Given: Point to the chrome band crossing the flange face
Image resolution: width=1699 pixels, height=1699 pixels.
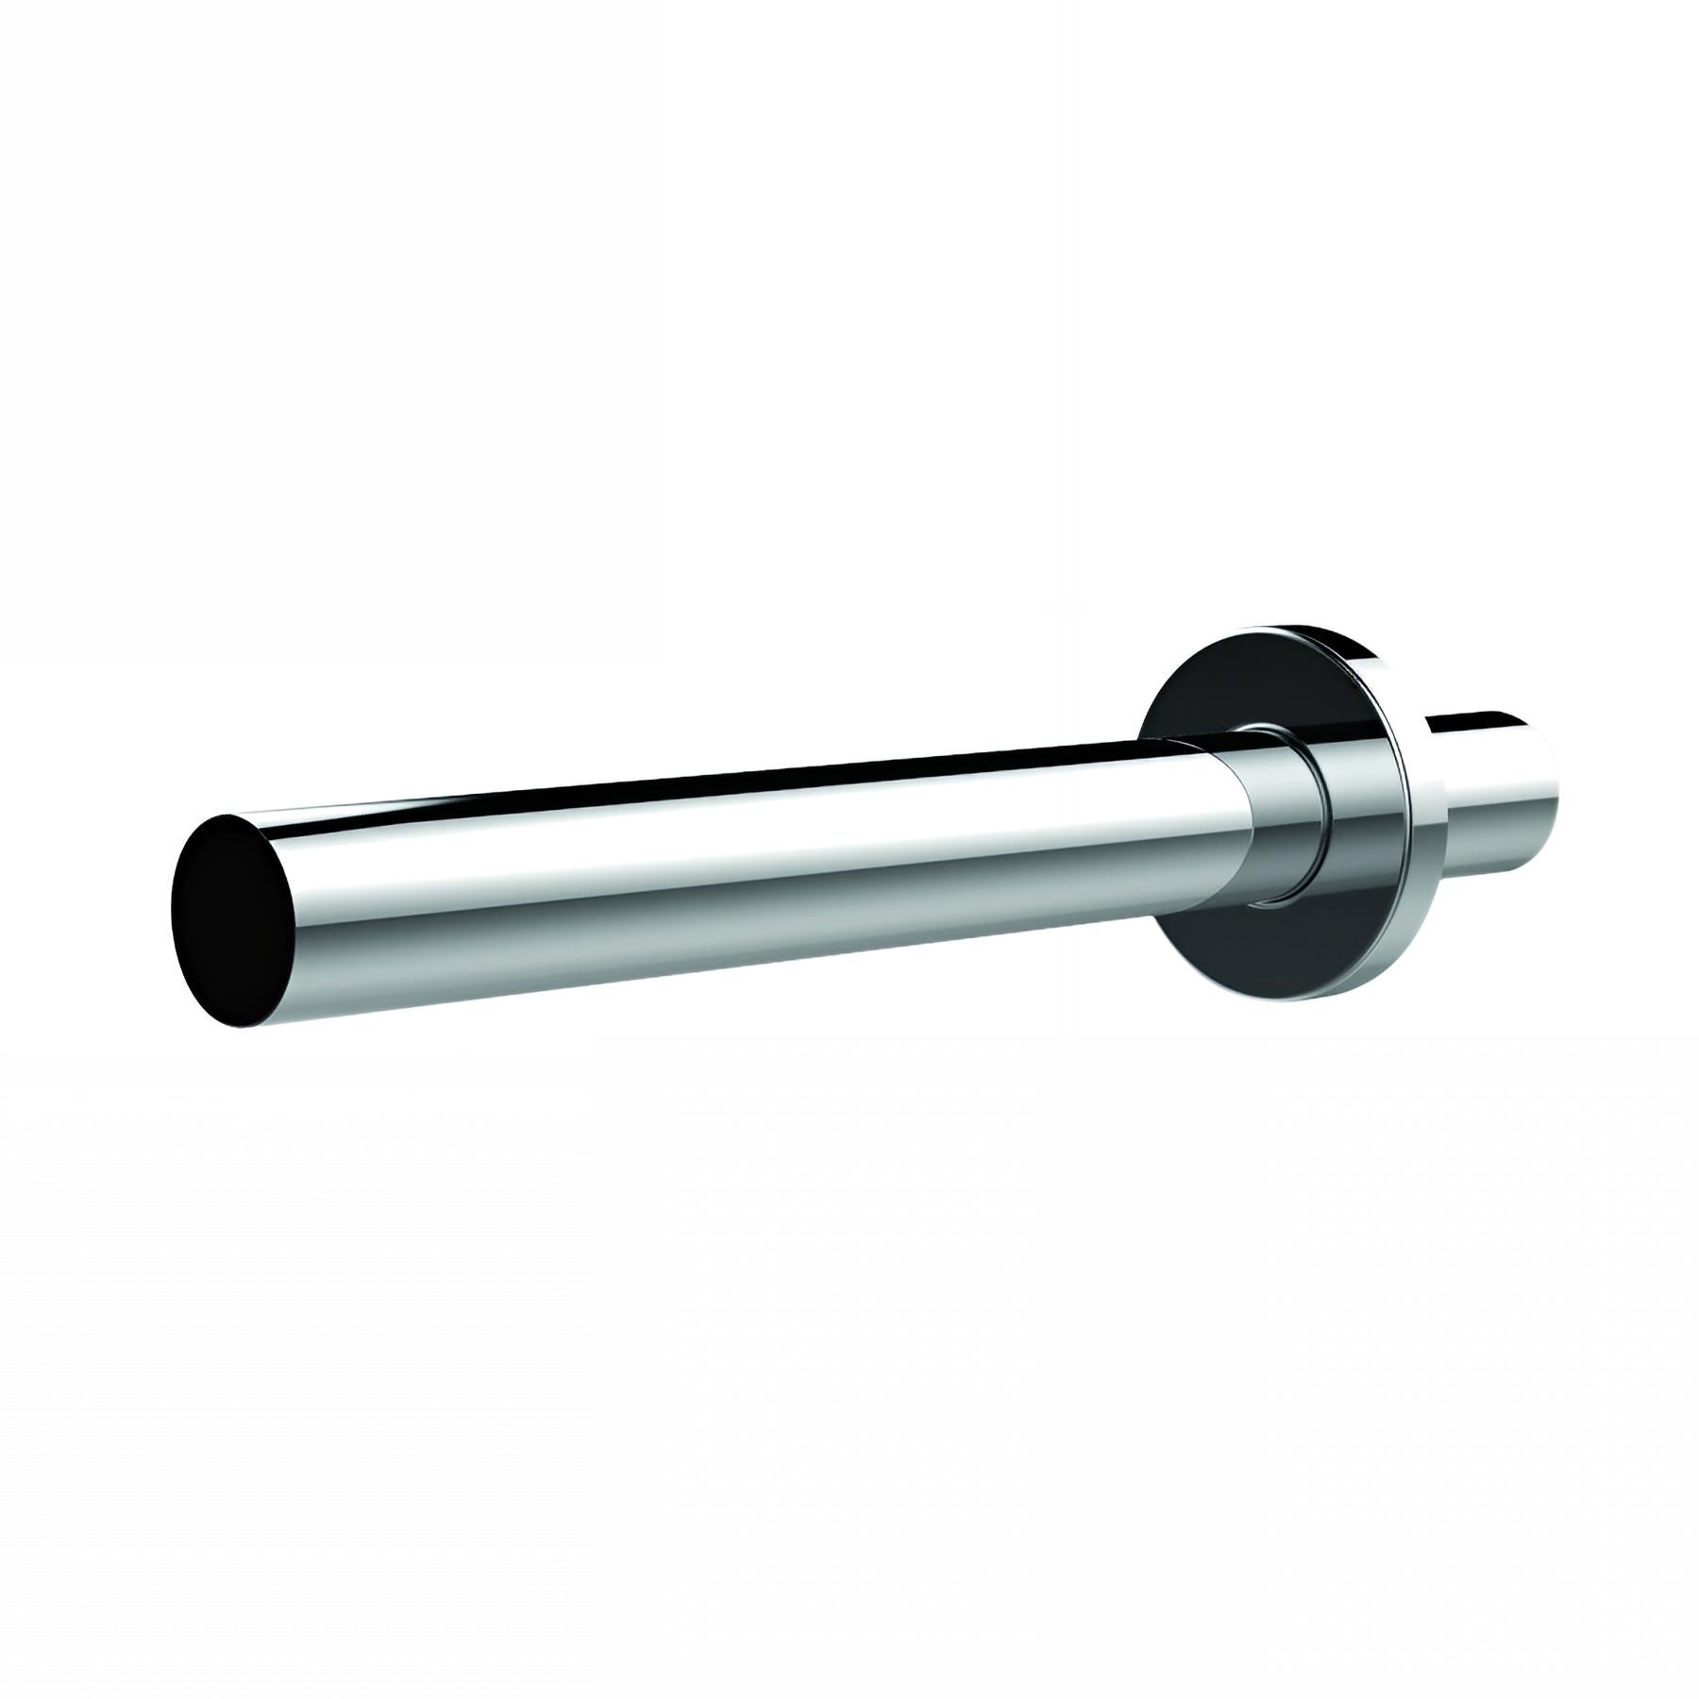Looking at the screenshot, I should pyautogui.click(x=1359, y=812).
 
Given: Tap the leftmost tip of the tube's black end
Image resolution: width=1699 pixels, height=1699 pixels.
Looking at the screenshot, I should pyautogui.click(x=173, y=911).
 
